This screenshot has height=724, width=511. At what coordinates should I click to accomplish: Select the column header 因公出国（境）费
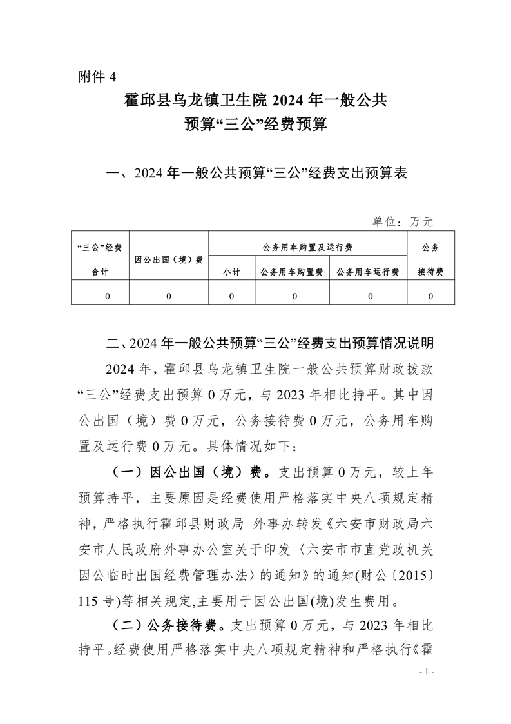point(169,260)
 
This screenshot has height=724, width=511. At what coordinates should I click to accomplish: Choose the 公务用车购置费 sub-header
point(292,272)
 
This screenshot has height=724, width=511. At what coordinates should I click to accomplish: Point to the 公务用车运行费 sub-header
point(368,272)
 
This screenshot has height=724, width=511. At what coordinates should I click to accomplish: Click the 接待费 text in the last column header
point(430,272)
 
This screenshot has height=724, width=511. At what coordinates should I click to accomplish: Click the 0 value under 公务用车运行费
point(371,296)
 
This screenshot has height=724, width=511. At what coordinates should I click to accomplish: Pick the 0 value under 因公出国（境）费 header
point(169,296)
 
